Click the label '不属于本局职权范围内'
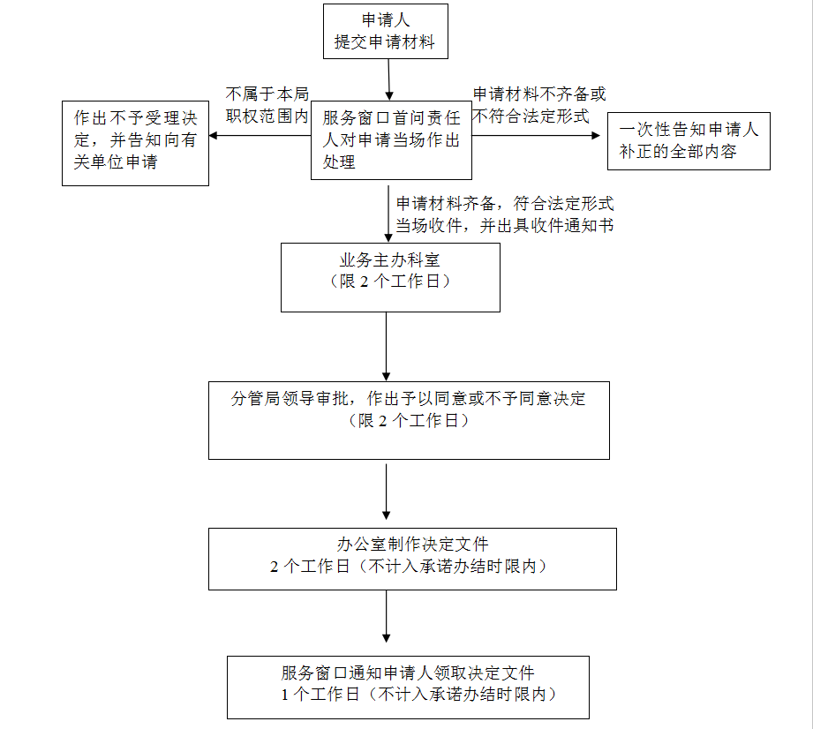[267, 105]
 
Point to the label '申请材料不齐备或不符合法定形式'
[539, 105]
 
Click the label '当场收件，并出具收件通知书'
[505, 226]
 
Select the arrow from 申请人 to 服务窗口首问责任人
[389, 79]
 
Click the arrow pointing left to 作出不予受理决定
[260, 136]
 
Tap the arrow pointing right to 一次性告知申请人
[536, 135]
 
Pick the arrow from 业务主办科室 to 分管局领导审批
[387, 347]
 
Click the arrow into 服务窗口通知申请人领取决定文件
[387, 617]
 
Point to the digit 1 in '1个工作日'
[284, 695]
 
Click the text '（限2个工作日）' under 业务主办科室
[390, 282]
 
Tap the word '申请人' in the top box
[386, 20]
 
